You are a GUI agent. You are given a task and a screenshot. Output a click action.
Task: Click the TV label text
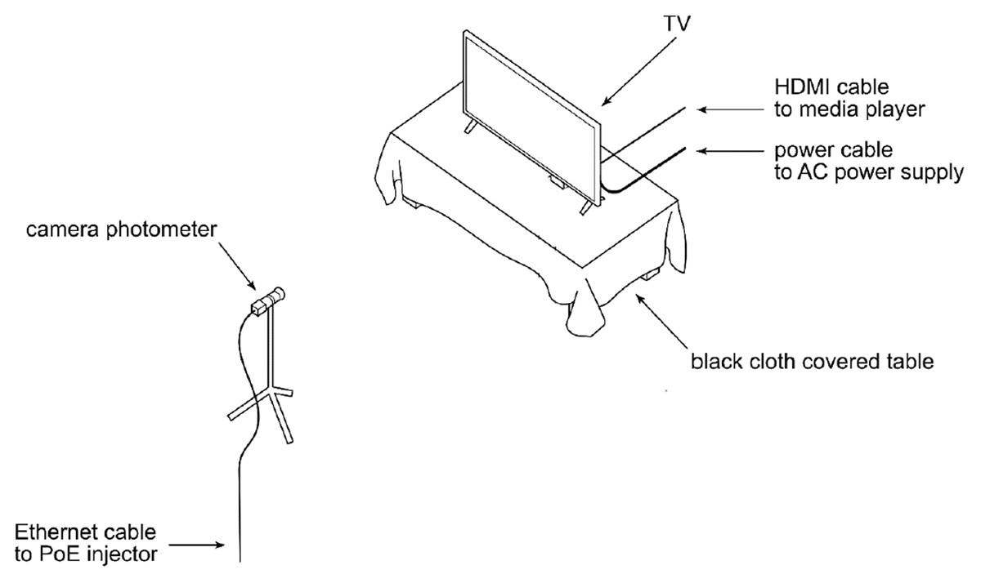click(x=677, y=23)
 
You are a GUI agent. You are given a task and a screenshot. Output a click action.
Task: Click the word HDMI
click(x=802, y=87)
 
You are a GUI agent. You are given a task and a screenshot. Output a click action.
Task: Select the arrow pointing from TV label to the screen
click(x=639, y=71)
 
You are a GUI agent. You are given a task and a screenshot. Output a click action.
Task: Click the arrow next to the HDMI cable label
click(x=731, y=109)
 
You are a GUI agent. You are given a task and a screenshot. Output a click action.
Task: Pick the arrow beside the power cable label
click(x=731, y=151)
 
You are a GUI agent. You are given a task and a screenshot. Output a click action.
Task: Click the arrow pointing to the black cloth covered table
click(x=661, y=322)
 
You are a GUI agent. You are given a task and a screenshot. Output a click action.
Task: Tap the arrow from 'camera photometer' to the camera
click(x=237, y=266)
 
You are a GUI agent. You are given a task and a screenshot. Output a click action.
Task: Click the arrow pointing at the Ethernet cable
click(x=197, y=545)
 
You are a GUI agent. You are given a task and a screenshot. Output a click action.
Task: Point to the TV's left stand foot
click(x=470, y=126)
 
